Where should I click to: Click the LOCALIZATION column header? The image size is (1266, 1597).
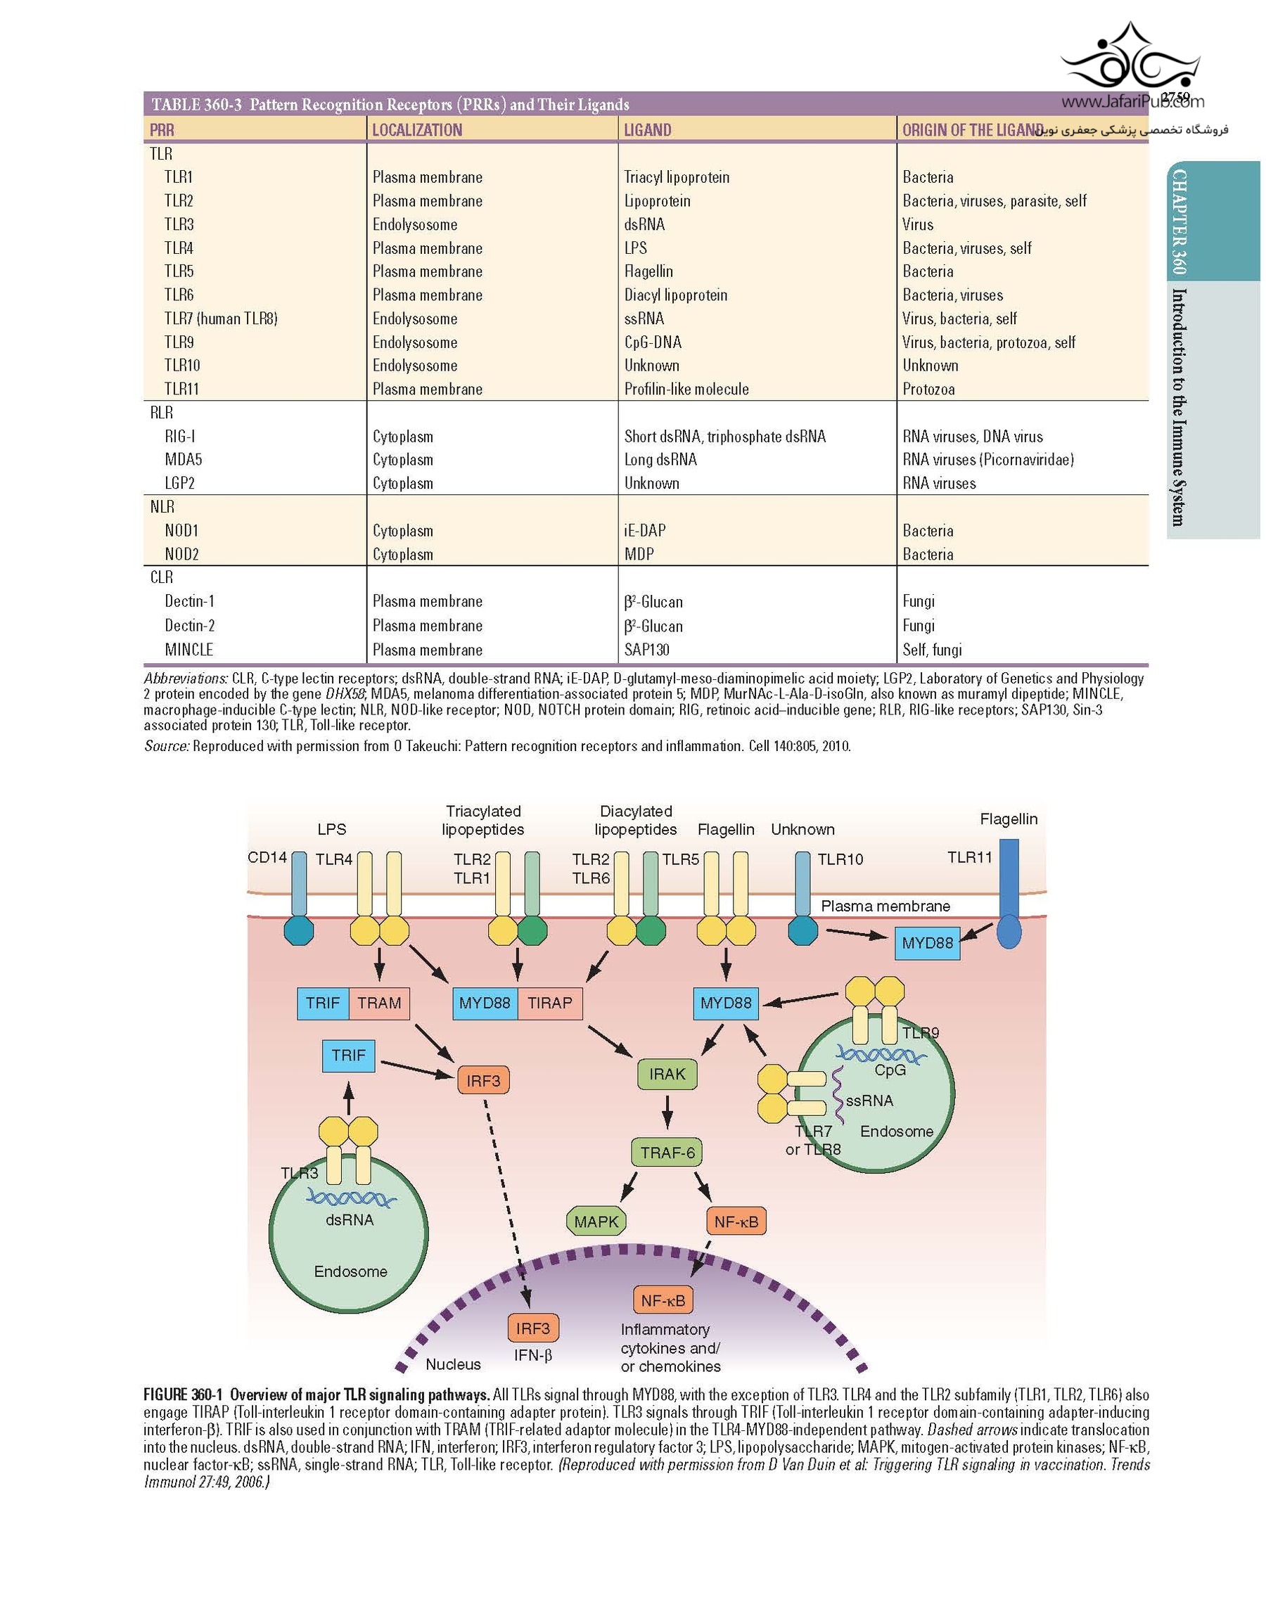(x=416, y=129)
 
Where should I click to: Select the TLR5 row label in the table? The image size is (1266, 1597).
(x=179, y=271)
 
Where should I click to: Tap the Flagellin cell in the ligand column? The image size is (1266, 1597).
(x=648, y=271)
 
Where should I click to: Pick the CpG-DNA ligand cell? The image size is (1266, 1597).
(x=652, y=342)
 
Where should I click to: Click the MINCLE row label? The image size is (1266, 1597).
(x=188, y=650)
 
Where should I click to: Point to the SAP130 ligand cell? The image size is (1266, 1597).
(x=646, y=650)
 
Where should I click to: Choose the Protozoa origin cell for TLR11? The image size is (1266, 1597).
(x=928, y=389)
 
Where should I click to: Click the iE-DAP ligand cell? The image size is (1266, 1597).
(x=644, y=530)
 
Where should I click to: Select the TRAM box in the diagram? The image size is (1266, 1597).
(x=378, y=1003)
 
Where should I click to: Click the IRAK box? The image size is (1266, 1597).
(x=667, y=1074)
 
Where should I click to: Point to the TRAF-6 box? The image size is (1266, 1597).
(x=667, y=1153)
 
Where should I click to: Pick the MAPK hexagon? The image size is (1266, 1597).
(x=596, y=1221)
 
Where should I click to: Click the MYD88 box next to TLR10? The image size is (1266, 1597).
(x=927, y=943)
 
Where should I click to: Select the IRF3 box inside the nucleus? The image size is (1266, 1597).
(x=532, y=1329)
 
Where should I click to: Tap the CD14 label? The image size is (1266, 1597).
(x=267, y=857)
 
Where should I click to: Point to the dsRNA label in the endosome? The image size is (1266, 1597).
(x=349, y=1220)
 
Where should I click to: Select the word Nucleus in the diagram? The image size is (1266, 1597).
(x=453, y=1364)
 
